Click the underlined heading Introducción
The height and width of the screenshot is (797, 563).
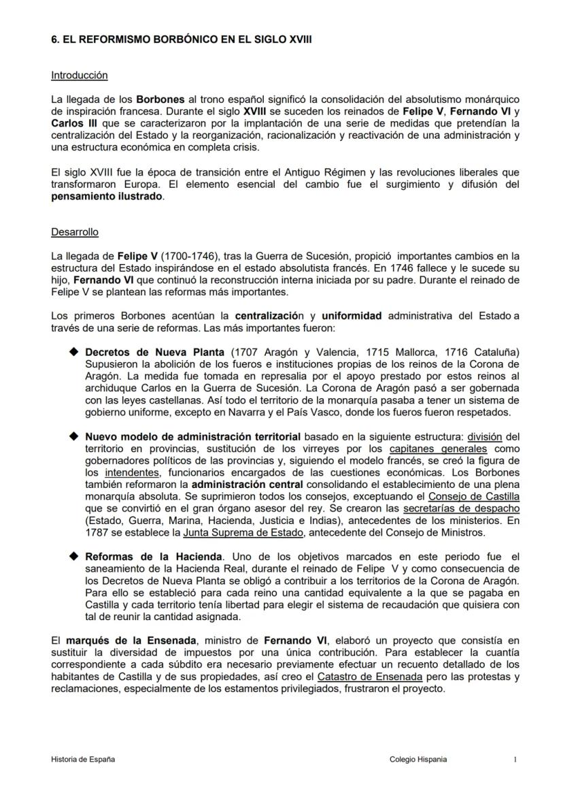(x=79, y=76)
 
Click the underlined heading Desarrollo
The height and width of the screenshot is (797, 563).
(x=75, y=232)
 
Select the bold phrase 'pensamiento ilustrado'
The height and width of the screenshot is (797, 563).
(x=107, y=196)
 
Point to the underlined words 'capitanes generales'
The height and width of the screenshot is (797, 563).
(x=438, y=449)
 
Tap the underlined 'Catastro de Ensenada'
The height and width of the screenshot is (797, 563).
(x=370, y=677)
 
